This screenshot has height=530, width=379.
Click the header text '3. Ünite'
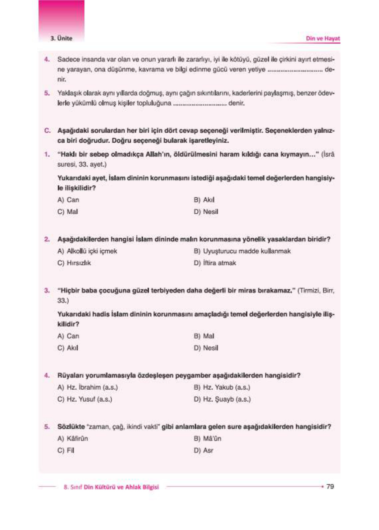click(61, 38)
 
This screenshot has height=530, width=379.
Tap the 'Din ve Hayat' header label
click(322, 39)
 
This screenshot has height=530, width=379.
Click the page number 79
click(330, 486)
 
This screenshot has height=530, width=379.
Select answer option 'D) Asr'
click(203, 451)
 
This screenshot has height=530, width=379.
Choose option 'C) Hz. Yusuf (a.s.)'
click(85, 399)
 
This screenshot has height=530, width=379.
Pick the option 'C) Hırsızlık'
click(74, 263)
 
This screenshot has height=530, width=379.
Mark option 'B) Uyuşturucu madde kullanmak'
click(242, 251)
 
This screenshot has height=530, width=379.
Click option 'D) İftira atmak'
click(215, 263)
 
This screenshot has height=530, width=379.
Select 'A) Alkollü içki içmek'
click(87, 251)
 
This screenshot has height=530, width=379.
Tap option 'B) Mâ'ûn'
click(207, 439)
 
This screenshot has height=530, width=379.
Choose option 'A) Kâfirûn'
click(73, 439)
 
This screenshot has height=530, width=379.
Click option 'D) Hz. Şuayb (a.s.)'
click(222, 399)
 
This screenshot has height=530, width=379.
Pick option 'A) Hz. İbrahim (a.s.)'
click(87, 387)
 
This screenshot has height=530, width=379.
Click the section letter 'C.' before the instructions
click(48, 130)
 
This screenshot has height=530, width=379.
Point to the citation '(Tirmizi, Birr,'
click(316, 291)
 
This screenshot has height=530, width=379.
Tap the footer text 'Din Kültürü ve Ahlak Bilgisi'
click(121, 487)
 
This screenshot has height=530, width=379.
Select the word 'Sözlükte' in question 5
click(71, 427)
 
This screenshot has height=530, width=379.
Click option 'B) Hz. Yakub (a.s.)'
click(222, 387)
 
